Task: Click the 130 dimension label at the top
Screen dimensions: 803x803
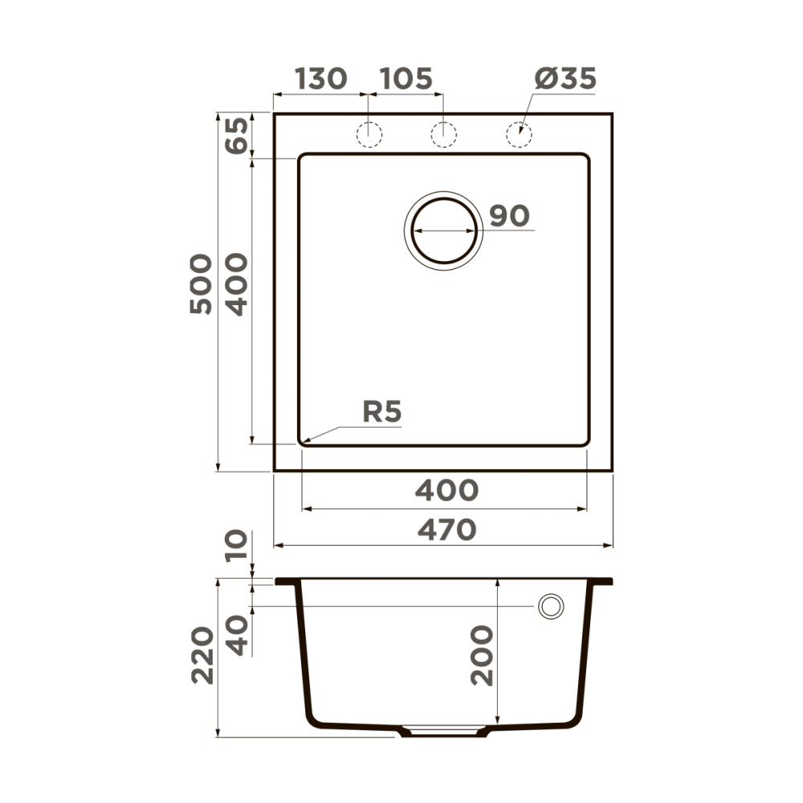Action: [321, 79]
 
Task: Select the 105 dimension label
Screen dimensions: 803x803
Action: [406, 79]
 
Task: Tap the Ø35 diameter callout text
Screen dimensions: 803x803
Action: [565, 79]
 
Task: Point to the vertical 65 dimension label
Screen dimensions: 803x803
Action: [237, 136]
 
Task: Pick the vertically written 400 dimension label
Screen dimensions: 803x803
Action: [237, 284]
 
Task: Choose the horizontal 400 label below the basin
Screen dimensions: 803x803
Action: [446, 490]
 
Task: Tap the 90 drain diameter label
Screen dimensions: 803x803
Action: [509, 216]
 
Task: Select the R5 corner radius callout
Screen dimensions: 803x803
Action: [381, 413]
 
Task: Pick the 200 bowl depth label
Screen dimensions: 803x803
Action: [482, 655]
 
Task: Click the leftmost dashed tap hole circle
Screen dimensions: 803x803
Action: [369, 135]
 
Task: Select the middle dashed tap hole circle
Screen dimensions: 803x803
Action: [443, 135]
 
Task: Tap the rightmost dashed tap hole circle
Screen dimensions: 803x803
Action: [519, 135]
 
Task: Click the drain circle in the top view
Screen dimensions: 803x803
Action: [443, 230]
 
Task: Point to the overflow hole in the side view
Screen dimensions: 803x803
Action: [551, 607]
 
